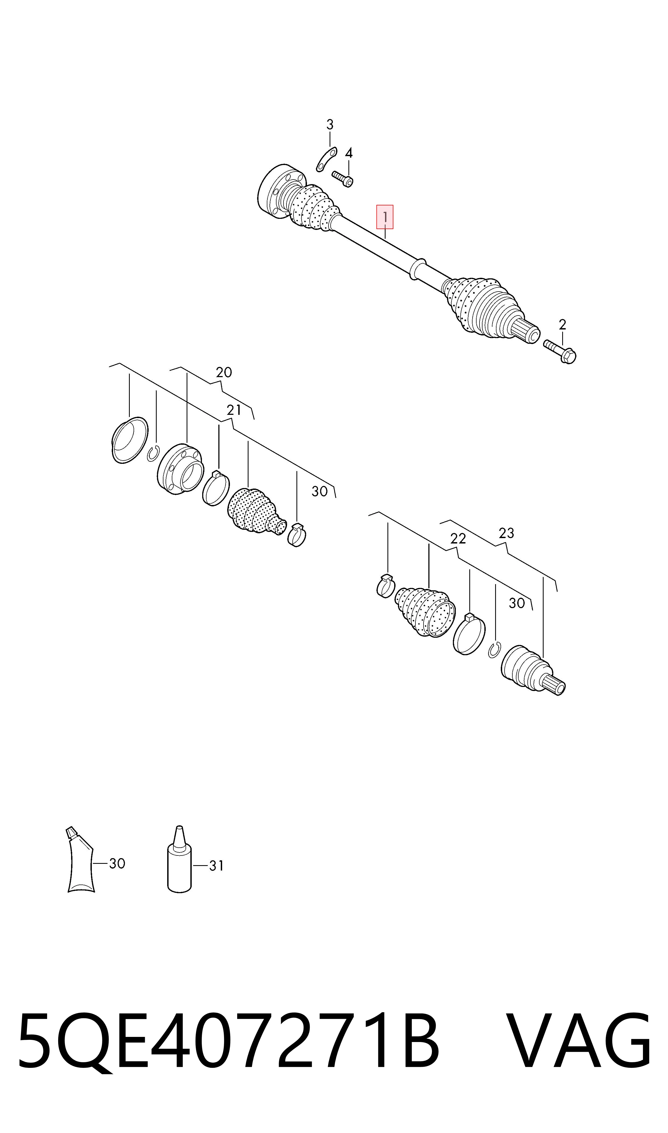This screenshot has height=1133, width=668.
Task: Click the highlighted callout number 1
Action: (x=385, y=217)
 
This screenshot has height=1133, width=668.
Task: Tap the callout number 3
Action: (x=330, y=125)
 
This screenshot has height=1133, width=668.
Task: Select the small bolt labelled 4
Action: (x=342, y=179)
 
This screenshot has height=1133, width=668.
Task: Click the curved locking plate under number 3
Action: (x=326, y=159)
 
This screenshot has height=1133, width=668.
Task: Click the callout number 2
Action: (x=562, y=324)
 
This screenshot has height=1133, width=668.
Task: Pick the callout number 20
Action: (x=224, y=373)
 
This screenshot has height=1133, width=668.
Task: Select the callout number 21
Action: (x=234, y=410)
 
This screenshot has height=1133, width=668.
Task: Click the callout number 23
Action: (x=506, y=533)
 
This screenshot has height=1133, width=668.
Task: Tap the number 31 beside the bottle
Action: (x=216, y=866)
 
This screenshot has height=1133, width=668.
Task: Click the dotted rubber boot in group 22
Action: (x=425, y=611)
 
